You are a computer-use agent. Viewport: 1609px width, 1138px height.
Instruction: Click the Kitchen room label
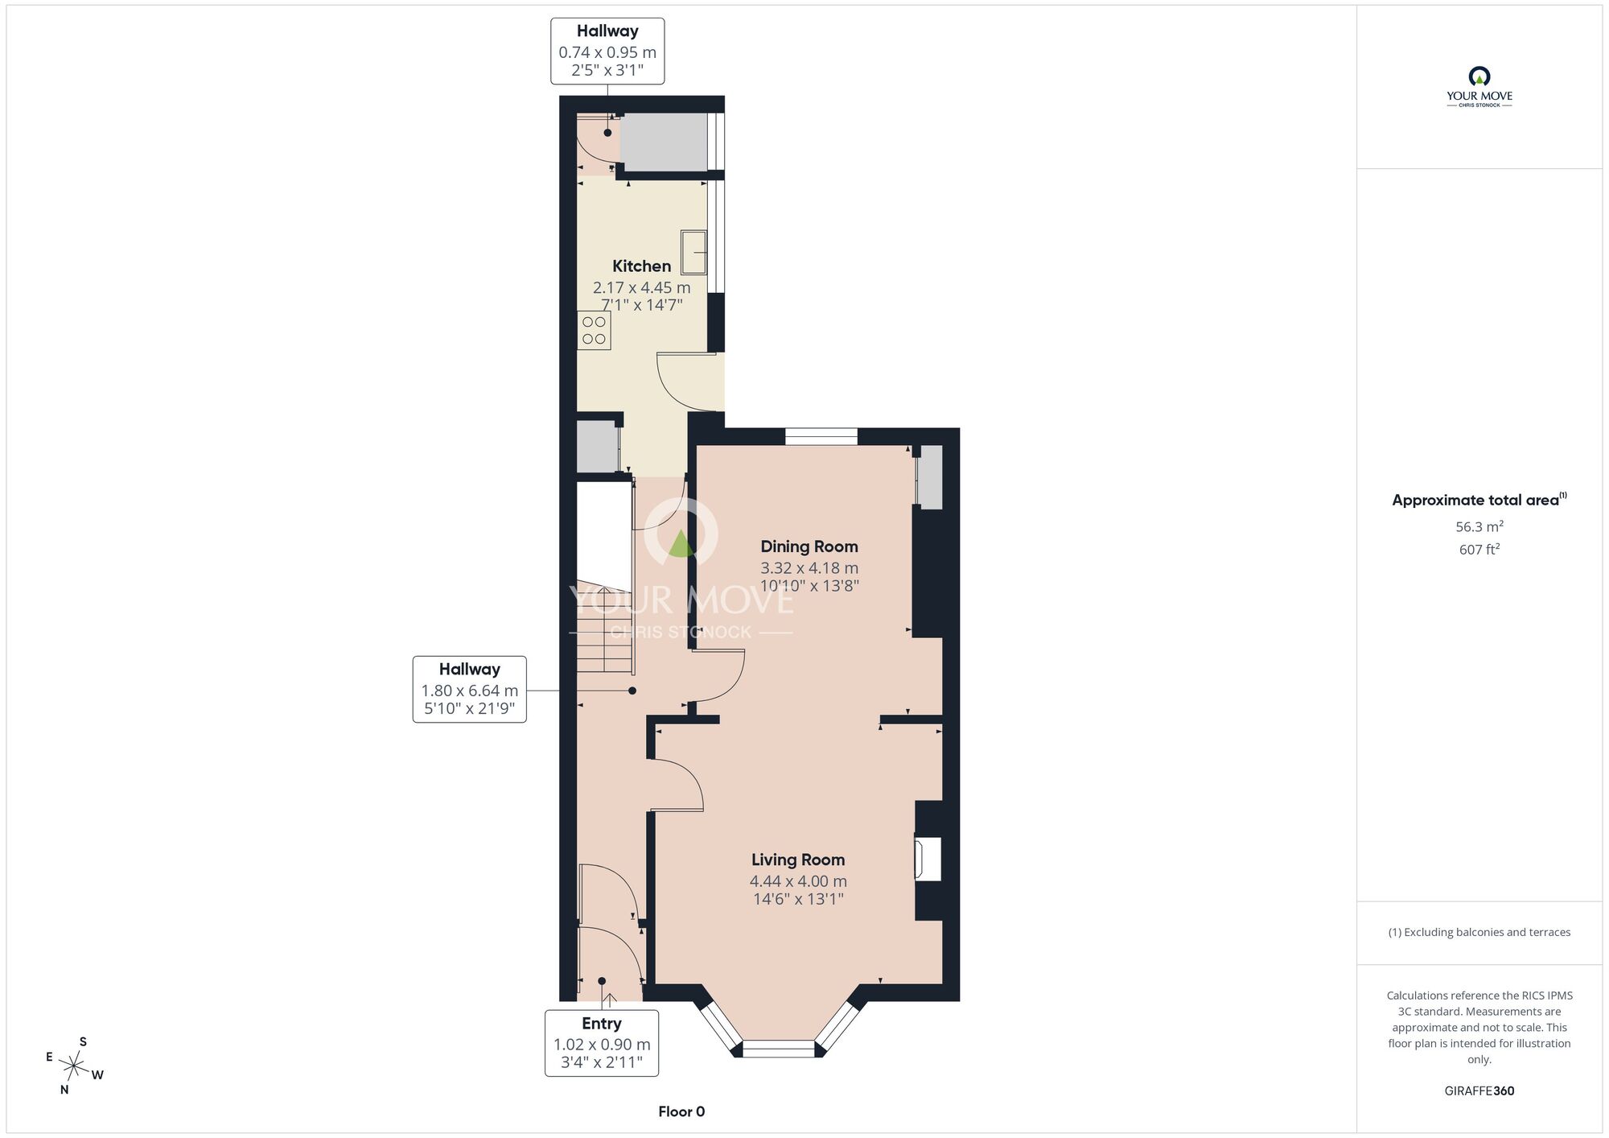point(641,266)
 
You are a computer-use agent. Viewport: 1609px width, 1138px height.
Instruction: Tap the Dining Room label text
point(809,546)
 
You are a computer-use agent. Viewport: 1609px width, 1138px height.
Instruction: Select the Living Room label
point(798,860)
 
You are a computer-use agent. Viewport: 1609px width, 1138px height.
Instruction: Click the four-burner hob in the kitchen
point(594,330)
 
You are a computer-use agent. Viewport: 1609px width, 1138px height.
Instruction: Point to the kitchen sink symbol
point(693,252)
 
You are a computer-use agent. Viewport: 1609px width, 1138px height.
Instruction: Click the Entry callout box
point(602,1043)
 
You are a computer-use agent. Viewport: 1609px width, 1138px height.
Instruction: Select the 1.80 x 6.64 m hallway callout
point(470,689)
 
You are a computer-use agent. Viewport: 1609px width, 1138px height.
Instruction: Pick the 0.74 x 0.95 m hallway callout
point(607,51)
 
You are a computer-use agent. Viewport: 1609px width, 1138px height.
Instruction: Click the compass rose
point(74,1066)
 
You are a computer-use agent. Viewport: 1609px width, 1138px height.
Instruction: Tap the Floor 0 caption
point(681,1111)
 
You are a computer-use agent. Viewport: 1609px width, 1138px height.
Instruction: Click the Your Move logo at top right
point(1479,87)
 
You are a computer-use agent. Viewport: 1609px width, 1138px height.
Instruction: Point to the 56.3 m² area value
point(1479,526)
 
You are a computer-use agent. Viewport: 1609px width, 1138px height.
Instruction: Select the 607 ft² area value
point(1479,550)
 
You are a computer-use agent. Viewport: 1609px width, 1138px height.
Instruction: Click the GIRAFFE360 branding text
point(1479,1091)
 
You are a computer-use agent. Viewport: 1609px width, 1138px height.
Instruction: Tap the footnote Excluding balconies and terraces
point(1479,932)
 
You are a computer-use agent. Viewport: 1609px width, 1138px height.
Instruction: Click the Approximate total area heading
point(1479,500)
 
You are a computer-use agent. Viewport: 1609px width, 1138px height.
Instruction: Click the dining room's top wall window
point(821,436)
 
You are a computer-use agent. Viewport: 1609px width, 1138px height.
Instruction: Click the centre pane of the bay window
point(778,1049)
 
